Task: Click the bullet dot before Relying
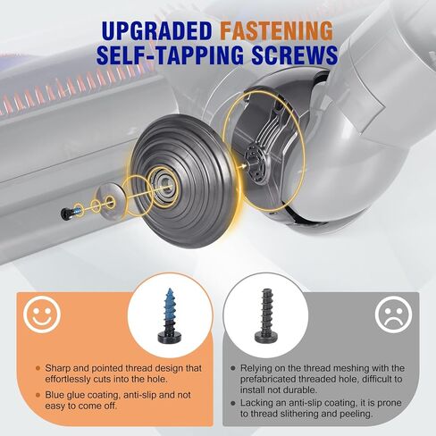coord(231,367)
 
